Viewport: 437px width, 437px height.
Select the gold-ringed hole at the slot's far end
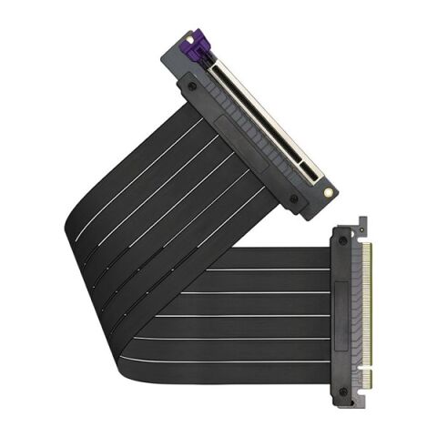pyautogui.click(x=325, y=194)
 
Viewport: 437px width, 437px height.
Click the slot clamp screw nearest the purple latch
pyautogui.click(x=191, y=86)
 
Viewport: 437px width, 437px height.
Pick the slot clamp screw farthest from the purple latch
pyautogui.click(x=293, y=198)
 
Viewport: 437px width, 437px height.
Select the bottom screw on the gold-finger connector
pyautogui.click(x=343, y=391)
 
